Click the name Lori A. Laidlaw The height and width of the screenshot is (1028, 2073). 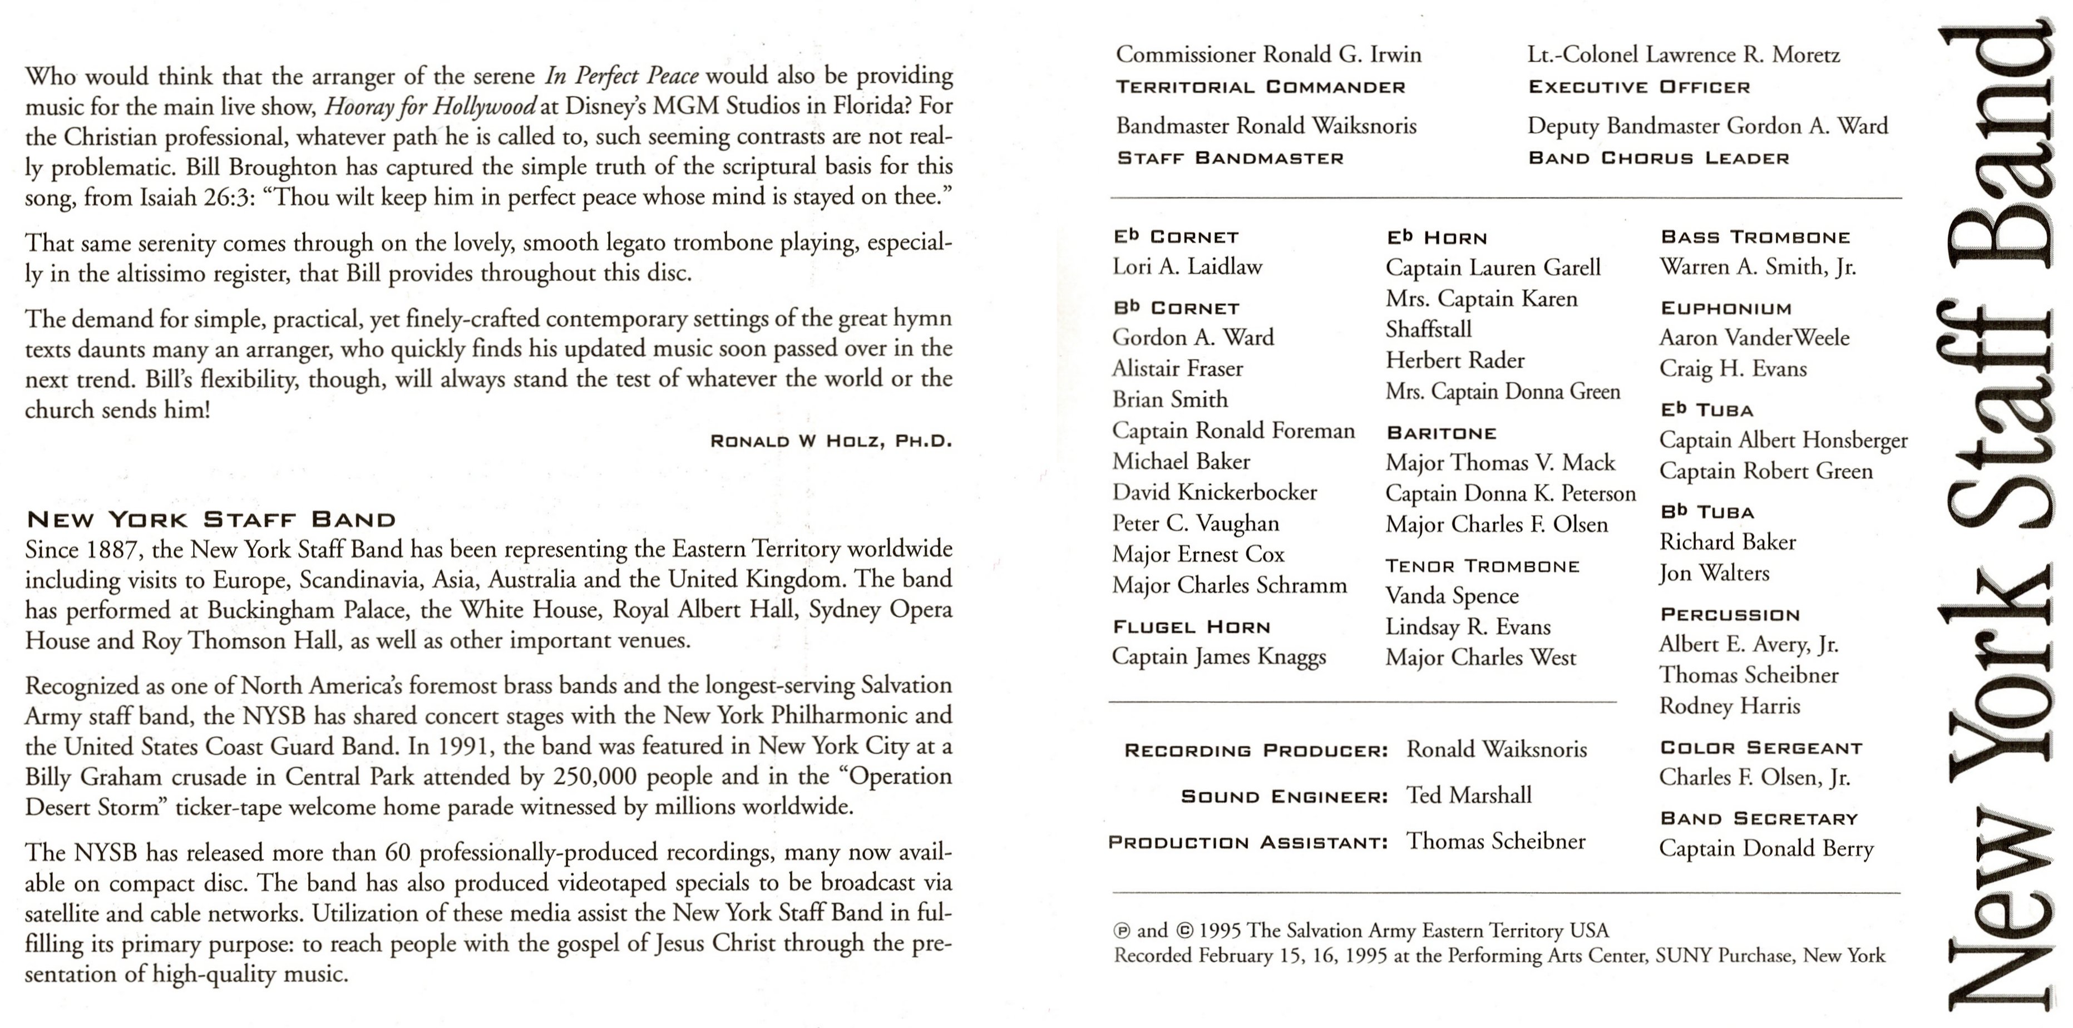point(1187,267)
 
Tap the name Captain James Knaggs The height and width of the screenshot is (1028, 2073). point(1218,657)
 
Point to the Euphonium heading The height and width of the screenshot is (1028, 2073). point(1725,309)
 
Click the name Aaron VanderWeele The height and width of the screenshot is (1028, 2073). point(1754,338)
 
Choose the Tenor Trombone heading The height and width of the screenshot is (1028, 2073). point(1482,566)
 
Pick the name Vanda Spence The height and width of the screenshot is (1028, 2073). point(1452,596)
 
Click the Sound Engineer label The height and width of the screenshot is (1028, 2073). point(1284,797)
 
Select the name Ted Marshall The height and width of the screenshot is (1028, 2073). point(1469,795)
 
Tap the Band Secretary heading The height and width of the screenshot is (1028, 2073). point(1759,819)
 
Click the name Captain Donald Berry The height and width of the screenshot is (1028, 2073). point(1766,849)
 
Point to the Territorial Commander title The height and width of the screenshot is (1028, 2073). point(1260,87)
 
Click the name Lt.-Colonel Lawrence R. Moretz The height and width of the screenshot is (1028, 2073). point(1684,55)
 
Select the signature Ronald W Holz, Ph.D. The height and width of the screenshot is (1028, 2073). point(831,441)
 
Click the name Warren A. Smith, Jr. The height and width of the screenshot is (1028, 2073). point(1758,267)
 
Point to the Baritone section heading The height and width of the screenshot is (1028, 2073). point(1442,433)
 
